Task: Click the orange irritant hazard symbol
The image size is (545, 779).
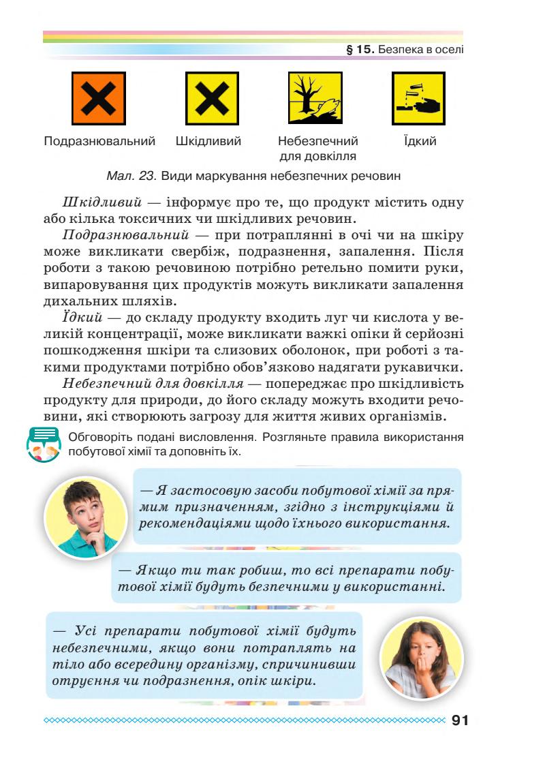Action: (99, 99)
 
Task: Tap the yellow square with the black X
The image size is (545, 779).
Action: (212, 99)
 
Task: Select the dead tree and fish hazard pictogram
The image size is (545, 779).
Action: (318, 99)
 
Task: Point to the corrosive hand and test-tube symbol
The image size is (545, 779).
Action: (419, 99)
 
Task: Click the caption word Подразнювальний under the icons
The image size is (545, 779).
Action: (99, 142)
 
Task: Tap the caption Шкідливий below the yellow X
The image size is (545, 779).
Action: (208, 142)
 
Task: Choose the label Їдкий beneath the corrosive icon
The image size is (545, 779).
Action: (420, 142)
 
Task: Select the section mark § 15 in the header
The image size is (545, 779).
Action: (360, 50)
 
